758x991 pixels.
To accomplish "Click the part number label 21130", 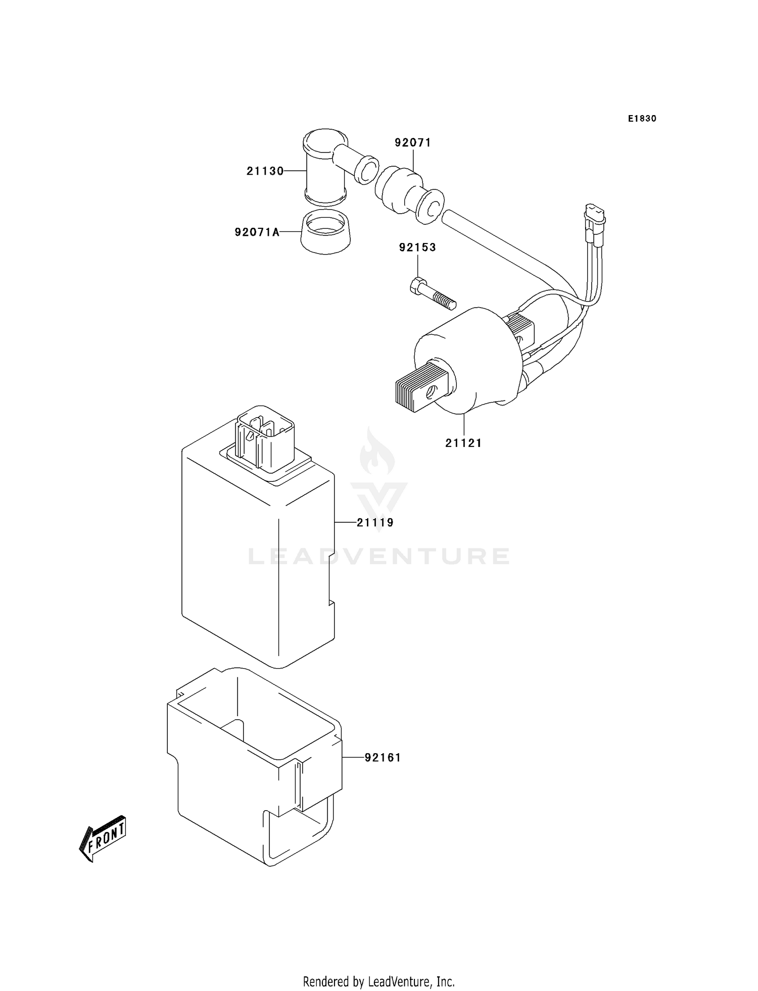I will [x=265, y=171].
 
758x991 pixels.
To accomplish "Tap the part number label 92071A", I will [x=257, y=232].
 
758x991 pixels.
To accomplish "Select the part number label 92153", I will [x=417, y=247].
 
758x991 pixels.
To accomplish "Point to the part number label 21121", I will [x=463, y=443].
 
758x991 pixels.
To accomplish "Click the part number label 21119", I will [x=375, y=523].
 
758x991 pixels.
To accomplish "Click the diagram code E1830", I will [x=642, y=119].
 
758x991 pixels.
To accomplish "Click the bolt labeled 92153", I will [x=432, y=294].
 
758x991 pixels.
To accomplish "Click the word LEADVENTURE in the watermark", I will [x=378, y=556].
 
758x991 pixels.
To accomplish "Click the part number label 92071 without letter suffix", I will [x=413, y=143].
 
